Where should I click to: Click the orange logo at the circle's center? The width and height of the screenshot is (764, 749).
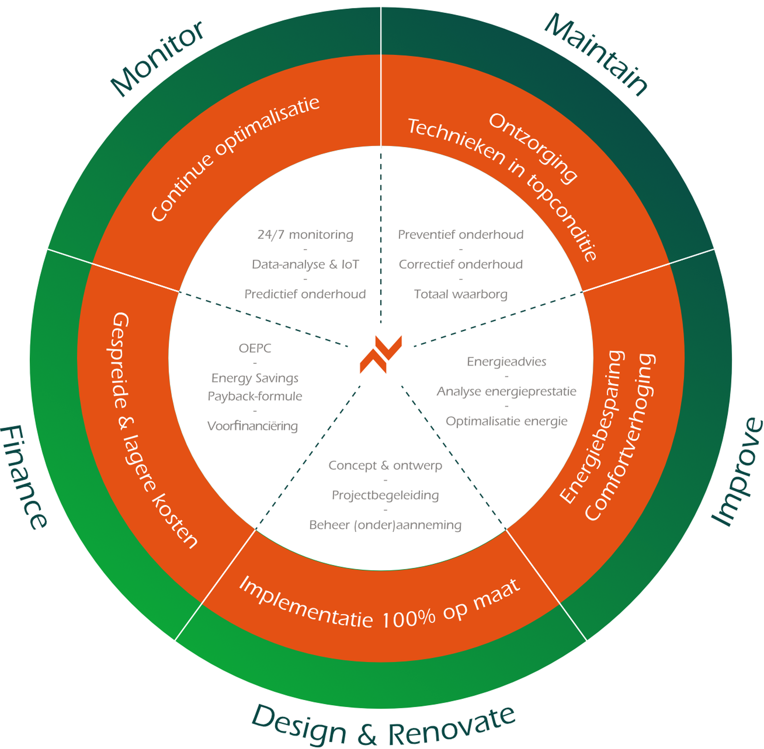(x=380, y=354)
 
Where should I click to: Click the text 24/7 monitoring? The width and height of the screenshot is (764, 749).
(x=305, y=235)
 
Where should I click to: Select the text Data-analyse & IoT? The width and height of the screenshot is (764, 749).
(x=305, y=264)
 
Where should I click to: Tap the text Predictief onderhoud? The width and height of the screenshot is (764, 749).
(x=305, y=294)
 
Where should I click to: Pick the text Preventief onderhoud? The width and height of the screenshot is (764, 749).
(x=461, y=235)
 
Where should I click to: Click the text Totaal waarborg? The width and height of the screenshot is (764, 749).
(x=461, y=294)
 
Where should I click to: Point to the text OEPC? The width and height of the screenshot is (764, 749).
(x=255, y=348)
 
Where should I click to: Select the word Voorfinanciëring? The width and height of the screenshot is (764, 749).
(x=253, y=426)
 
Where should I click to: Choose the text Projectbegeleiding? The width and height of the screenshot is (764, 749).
(x=385, y=495)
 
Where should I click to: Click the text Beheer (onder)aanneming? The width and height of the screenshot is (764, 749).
(x=385, y=525)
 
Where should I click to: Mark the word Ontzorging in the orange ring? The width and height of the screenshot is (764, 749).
(x=533, y=148)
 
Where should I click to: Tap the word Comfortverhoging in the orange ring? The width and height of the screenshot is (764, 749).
(x=620, y=437)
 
